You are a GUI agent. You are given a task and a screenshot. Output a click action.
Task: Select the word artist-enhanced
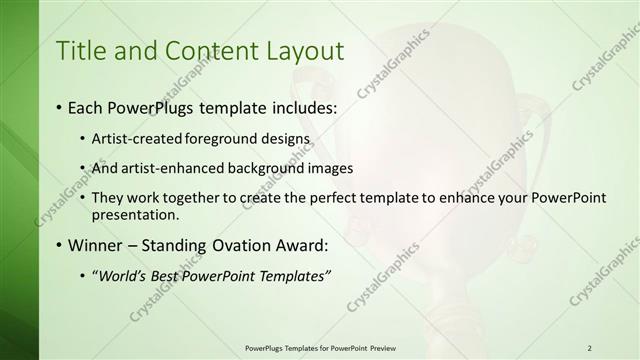tap(165, 168)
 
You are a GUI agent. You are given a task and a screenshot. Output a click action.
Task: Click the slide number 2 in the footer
tap(589, 348)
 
